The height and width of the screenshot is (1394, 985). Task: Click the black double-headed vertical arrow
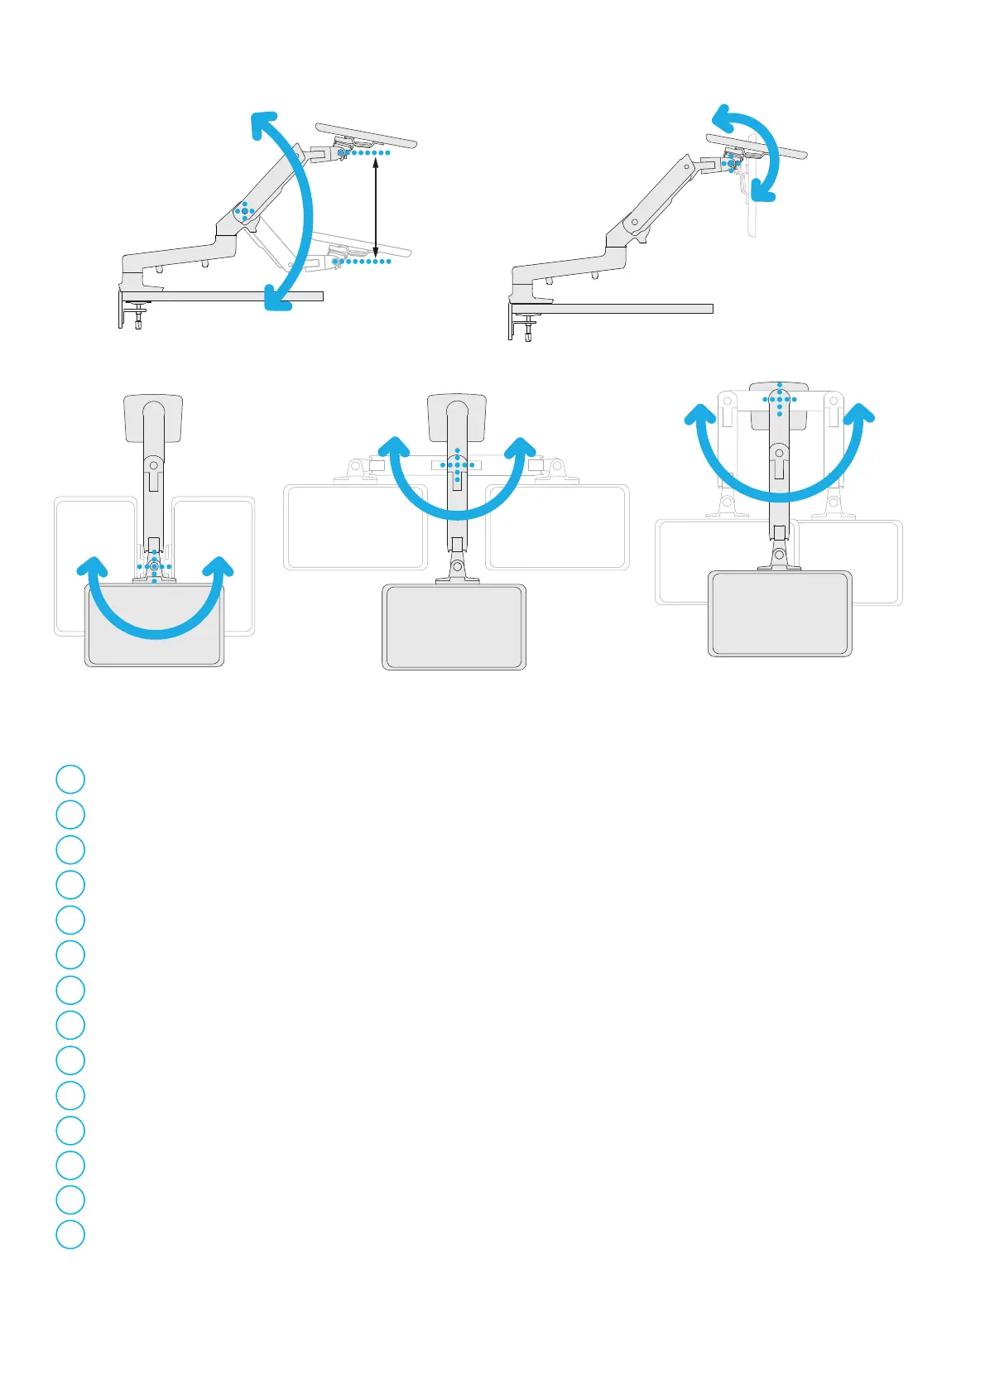pyautogui.click(x=377, y=207)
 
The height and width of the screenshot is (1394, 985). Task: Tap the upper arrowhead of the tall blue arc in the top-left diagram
pyautogui.click(x=264, y=127)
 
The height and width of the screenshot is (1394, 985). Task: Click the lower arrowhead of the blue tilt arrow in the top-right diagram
pyautogui.click(x=764, y=192)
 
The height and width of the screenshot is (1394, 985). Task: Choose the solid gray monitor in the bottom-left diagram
pyautogui.click(x=155, y=624)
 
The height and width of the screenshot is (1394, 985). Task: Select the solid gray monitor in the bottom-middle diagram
pyautogui.click(x=454, y=627)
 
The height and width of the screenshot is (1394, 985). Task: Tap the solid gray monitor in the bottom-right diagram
pyautogui.click(x=780, y=613)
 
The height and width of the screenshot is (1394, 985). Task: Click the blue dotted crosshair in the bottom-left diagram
pyautogui.click(x=155, y=566)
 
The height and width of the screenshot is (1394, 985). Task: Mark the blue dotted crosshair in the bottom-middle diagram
pyautogui.click(x=457, y=464)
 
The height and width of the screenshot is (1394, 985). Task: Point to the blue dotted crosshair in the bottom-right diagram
pyautogui.click(x=780, y=399)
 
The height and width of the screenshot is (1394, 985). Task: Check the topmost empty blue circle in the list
pyautogui.click(x=70, y=779)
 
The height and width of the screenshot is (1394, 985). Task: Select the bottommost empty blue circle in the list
pyautogui.click(x=70, y=1234)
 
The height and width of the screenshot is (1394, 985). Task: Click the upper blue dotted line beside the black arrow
pyautogui.click(x=364, y=153)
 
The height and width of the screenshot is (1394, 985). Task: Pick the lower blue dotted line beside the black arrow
pyautogui.click(x=361, y=262)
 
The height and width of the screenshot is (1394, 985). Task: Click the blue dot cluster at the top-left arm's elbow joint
pyautogui.click(x=244, y=211)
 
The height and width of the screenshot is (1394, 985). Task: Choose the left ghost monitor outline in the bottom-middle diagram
pyautogui.click(x=355, y=527)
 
